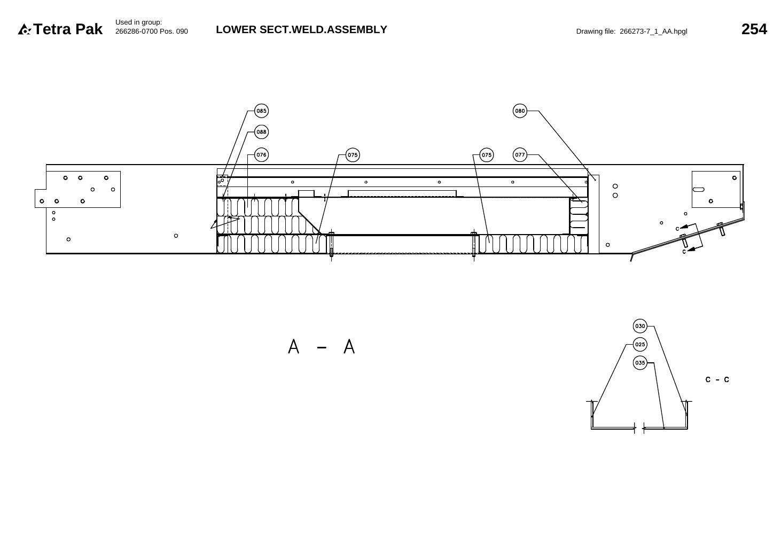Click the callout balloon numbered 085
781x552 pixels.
coord(261,111)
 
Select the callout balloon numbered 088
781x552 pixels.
coord(261,132)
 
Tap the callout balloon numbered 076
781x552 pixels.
coord(261,155)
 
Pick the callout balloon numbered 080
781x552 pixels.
coord(520,111)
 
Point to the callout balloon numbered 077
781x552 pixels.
coord(520,155)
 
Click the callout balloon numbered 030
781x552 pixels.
coord(640,326)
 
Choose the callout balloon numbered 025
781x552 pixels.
coord(640,345)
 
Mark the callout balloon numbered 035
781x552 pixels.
coord(640,363)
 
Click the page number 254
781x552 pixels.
coord(754,29)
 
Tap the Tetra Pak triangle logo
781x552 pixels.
coord(24,29)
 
